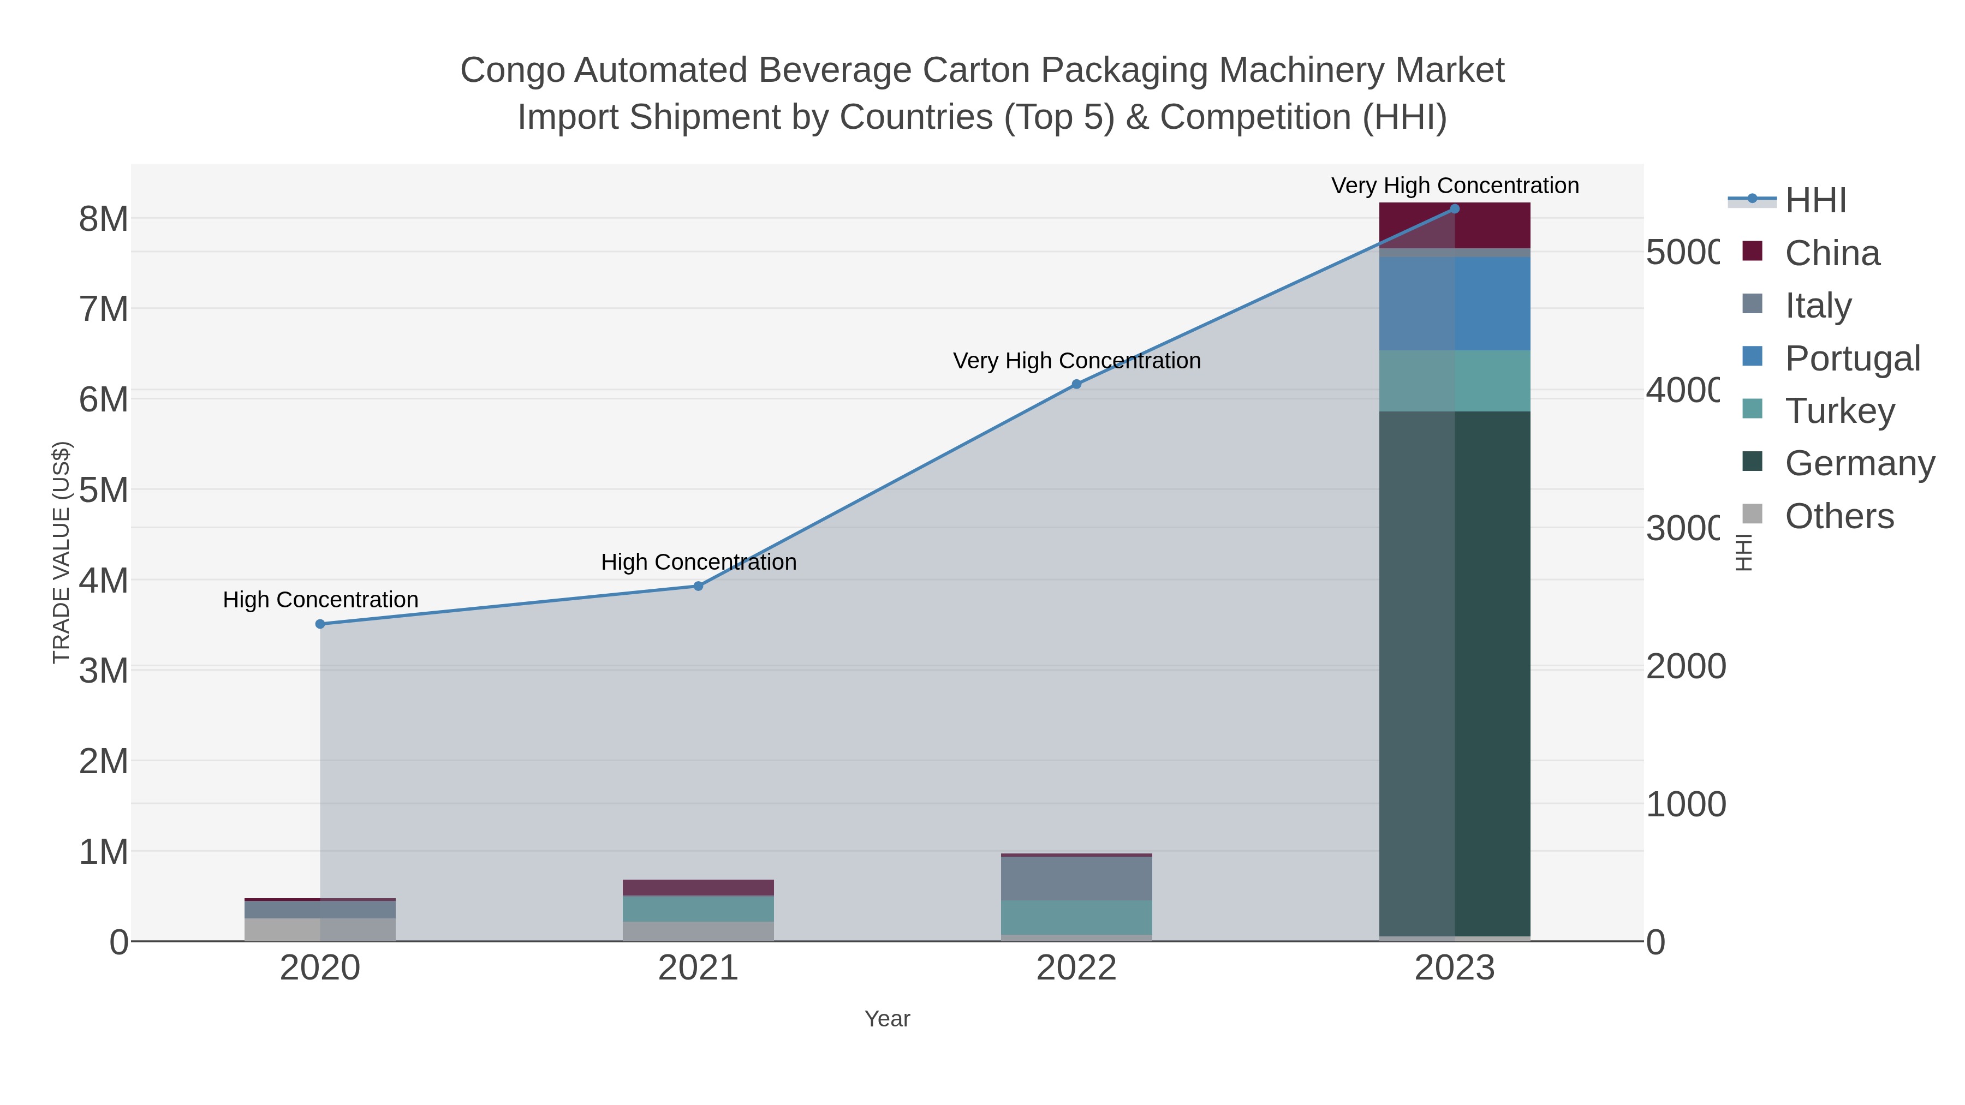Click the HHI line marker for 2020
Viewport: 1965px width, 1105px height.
tap(320, 624)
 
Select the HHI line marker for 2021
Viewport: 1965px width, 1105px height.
tap(698, 586)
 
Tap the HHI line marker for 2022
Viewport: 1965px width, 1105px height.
tap(1076, 384)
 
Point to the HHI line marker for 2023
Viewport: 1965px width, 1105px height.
tap(1455, 209)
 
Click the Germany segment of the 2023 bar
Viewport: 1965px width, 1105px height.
tap(1455, 671)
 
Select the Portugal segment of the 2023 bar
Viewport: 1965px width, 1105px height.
tap(1455, 303)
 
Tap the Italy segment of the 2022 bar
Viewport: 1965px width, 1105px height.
tap(1076, 879)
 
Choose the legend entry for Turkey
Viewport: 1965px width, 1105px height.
tap(1839, 411)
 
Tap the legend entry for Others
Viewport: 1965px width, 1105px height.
tap(1838, 516)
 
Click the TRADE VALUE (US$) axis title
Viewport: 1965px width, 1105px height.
tap(61, 552)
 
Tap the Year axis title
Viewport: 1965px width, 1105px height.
tap(887, 1019)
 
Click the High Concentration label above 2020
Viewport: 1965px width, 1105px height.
tap(320, 599)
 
